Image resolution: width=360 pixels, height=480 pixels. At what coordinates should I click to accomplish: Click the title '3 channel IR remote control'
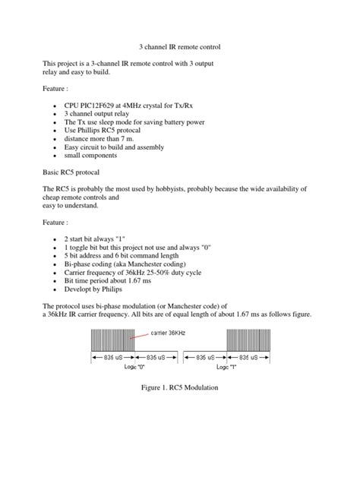181,47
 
